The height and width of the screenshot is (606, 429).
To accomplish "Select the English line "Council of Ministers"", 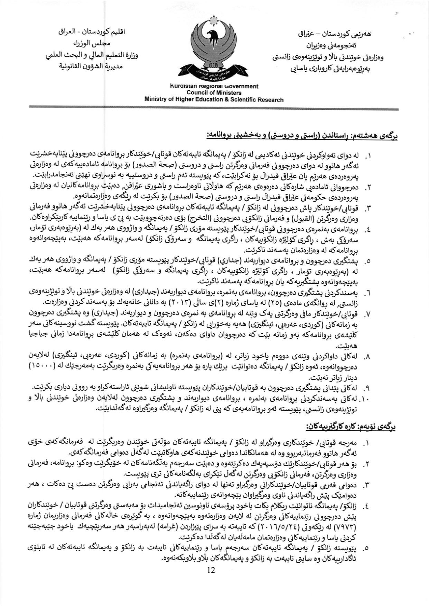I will pyautogui.click(x=214, y=93).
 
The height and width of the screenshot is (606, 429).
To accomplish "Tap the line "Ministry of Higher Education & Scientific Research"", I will pyautogui.click(x=214, y=100).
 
